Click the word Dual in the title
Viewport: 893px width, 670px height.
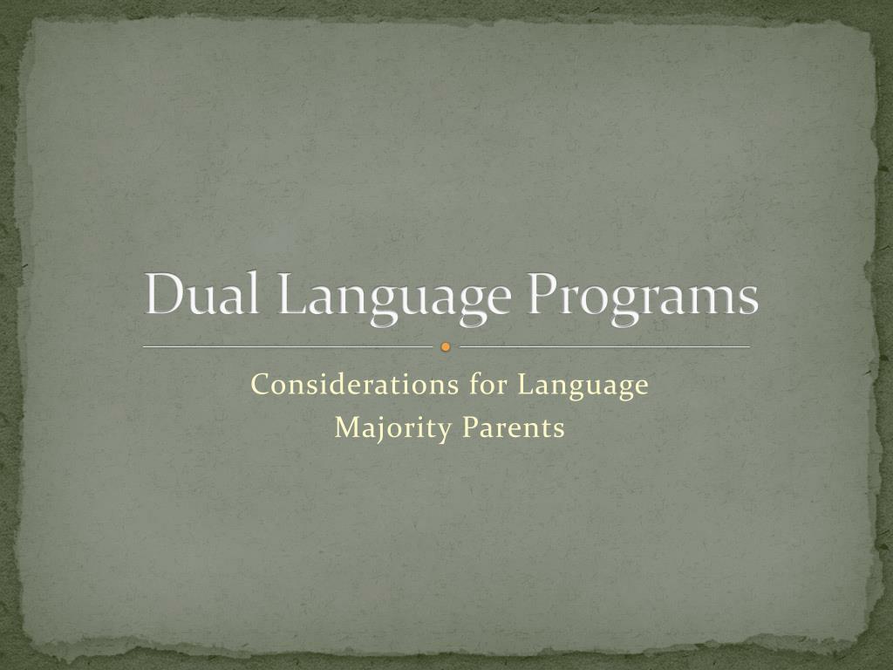[x=205, y=295]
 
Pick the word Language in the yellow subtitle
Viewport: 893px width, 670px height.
[x=583, y=386]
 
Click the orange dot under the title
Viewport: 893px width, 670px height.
[x=446, y=347]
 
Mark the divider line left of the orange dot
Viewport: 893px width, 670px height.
[x=288, y=347]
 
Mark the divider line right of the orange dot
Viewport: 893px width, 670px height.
[x=603, y=347]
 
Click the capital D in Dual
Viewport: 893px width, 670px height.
[x=164, y=294]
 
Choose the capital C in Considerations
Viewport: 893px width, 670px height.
[x=259, y=385]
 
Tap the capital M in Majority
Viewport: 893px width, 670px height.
[x=346, y=428]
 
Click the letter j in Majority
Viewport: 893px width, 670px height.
[x=373, y=431]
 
